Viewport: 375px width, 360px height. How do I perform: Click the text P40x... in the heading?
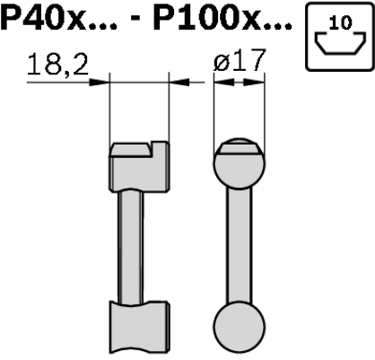tap(58, 19)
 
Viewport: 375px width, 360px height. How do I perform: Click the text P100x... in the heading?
tap(222, 19)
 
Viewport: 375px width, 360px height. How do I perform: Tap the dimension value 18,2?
tap(57, 65)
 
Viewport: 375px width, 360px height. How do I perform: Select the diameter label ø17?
tap(240, 60)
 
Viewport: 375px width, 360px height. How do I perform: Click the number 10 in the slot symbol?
tap(340, 22)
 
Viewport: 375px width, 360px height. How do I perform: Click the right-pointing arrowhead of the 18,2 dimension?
tap(100, 82)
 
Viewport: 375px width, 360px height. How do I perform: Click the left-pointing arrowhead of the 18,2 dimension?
tap(179, 82)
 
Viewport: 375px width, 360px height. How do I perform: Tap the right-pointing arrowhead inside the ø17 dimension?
tap(254, 82)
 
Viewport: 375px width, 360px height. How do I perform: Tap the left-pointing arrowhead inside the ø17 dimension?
tap(224, 82)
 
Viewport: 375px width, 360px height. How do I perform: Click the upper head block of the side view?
tap(139, 167)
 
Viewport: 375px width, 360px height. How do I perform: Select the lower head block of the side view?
tap(139, 327)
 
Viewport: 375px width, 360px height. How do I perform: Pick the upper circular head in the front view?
tap(240, 163)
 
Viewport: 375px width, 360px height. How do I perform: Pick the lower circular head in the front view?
tap(240, 329)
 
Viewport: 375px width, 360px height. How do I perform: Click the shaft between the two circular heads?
tap(239, 246)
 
